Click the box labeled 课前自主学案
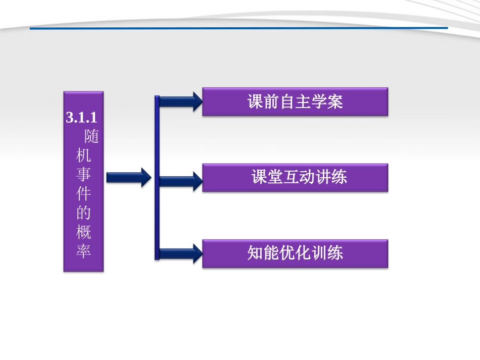tap(295, 102)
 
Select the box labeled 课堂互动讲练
tap(295, 177)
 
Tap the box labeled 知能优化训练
tap(295, 253)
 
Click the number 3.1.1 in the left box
tap(81, 118)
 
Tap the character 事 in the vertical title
tap(83, 175)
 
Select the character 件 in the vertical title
tap(83, 194)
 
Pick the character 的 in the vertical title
tap(83, 213)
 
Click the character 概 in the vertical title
tap(83, 232)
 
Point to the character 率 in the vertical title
tap(83, 250)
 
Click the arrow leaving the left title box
tap(128, 177)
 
